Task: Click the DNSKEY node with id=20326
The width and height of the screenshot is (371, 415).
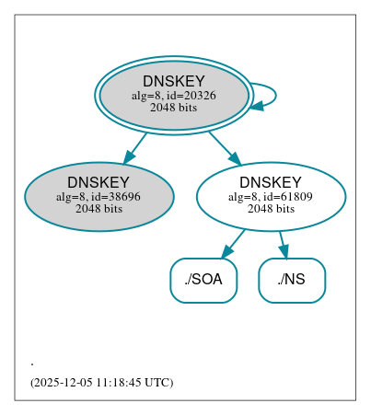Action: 173,95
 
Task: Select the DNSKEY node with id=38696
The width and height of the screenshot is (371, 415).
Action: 99,196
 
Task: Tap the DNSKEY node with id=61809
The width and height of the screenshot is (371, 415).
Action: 271,196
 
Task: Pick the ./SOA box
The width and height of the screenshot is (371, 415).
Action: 203,280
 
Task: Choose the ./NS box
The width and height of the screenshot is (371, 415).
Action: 292,280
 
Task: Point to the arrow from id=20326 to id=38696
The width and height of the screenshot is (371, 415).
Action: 135,148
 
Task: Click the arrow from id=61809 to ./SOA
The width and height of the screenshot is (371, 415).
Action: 233,244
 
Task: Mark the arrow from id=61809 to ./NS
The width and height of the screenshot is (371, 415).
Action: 284,244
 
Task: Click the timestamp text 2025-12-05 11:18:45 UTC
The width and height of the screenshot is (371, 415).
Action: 101,382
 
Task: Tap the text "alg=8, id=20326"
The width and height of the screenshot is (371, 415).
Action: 173,96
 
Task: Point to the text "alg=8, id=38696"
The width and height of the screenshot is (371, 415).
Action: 99,196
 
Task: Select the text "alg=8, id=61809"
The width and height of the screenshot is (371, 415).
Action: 271,196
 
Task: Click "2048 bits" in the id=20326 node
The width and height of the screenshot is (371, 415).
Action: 173,108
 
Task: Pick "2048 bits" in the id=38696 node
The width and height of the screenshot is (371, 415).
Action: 99,208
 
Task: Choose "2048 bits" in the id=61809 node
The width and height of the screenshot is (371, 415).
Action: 271,208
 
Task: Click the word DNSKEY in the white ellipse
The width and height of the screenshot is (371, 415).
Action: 271,182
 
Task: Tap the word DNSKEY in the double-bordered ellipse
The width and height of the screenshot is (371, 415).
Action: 173,82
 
